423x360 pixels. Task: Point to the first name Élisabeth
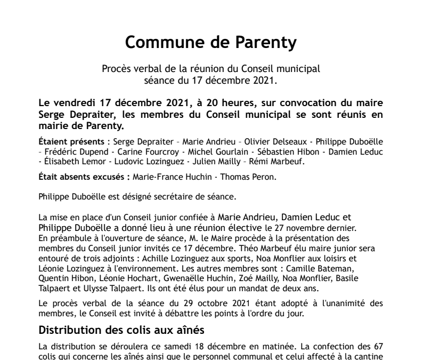point(60,162)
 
